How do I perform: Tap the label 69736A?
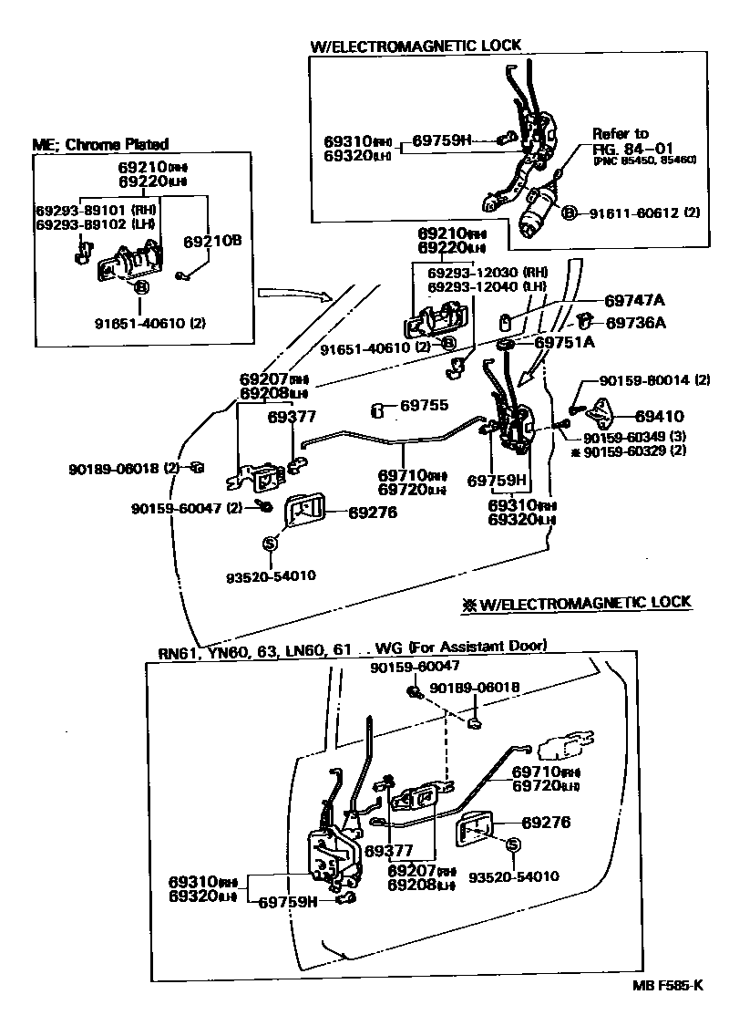coord(635,322)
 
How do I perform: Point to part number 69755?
coord(425,406)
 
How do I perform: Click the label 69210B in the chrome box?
coord(212,241)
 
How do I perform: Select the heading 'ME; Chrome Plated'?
coord(100,144)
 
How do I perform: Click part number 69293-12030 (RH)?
coord(488,271)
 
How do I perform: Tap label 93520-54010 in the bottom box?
coord(514,877)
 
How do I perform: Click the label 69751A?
coord(564,342)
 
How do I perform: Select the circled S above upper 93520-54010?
coord(269,544)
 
